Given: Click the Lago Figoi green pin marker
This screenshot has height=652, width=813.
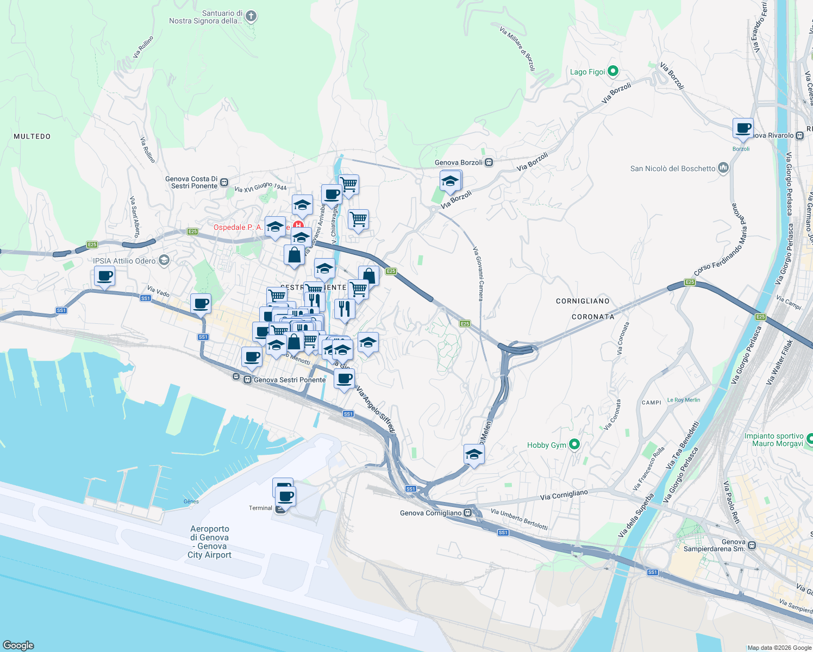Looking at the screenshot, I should [612, 71].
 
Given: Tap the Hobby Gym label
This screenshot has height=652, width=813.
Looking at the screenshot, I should [546, 445].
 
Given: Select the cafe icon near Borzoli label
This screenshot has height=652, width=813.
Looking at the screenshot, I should [743, 129].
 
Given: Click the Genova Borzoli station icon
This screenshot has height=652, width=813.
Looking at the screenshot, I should [489, 162].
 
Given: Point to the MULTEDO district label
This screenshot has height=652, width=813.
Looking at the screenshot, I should [32, 136].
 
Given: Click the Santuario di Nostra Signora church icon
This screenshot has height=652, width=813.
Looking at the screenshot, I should [251, 16].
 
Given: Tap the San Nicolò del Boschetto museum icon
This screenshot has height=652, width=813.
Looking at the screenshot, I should [723, 168].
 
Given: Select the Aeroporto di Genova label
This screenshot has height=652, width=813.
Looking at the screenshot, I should [210, 542].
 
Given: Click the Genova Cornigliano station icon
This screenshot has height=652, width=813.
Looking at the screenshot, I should [468, 513].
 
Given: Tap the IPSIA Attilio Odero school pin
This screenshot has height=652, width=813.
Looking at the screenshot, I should [164, 261].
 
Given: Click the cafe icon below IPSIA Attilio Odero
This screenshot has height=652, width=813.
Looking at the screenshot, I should [104, 275].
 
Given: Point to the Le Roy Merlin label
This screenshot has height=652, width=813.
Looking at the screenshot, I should [684, 400].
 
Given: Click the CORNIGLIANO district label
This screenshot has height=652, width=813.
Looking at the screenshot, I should [583, 301].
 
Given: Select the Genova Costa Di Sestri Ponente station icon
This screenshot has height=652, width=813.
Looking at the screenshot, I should [224, 183].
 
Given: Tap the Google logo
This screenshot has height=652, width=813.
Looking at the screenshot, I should [18, 645].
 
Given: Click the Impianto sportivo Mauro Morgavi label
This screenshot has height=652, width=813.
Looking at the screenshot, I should [774, 440].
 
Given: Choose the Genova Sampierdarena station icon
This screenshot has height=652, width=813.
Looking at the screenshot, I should [752, 545].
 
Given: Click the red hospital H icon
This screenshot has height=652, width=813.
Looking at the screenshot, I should [298, 225].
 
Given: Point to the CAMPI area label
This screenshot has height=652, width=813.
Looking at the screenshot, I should [651, 403].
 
